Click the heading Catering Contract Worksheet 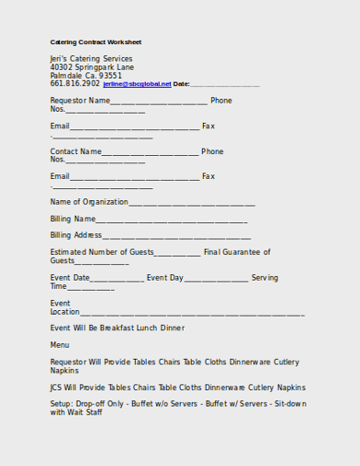[95, 42]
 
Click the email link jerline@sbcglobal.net [138, 84]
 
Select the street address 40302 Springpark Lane [91, 67]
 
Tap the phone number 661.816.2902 [75, 83]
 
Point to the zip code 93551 [110, 76]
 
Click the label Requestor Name [79, 101]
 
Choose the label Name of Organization [89, 202]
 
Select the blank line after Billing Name [172, 221]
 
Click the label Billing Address [76, 235]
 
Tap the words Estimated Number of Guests [102, 252]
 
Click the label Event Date [70, 278]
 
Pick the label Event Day [165, 278]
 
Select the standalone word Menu [59, 345]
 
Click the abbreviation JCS [57, 388]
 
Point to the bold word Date [181, 84]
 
